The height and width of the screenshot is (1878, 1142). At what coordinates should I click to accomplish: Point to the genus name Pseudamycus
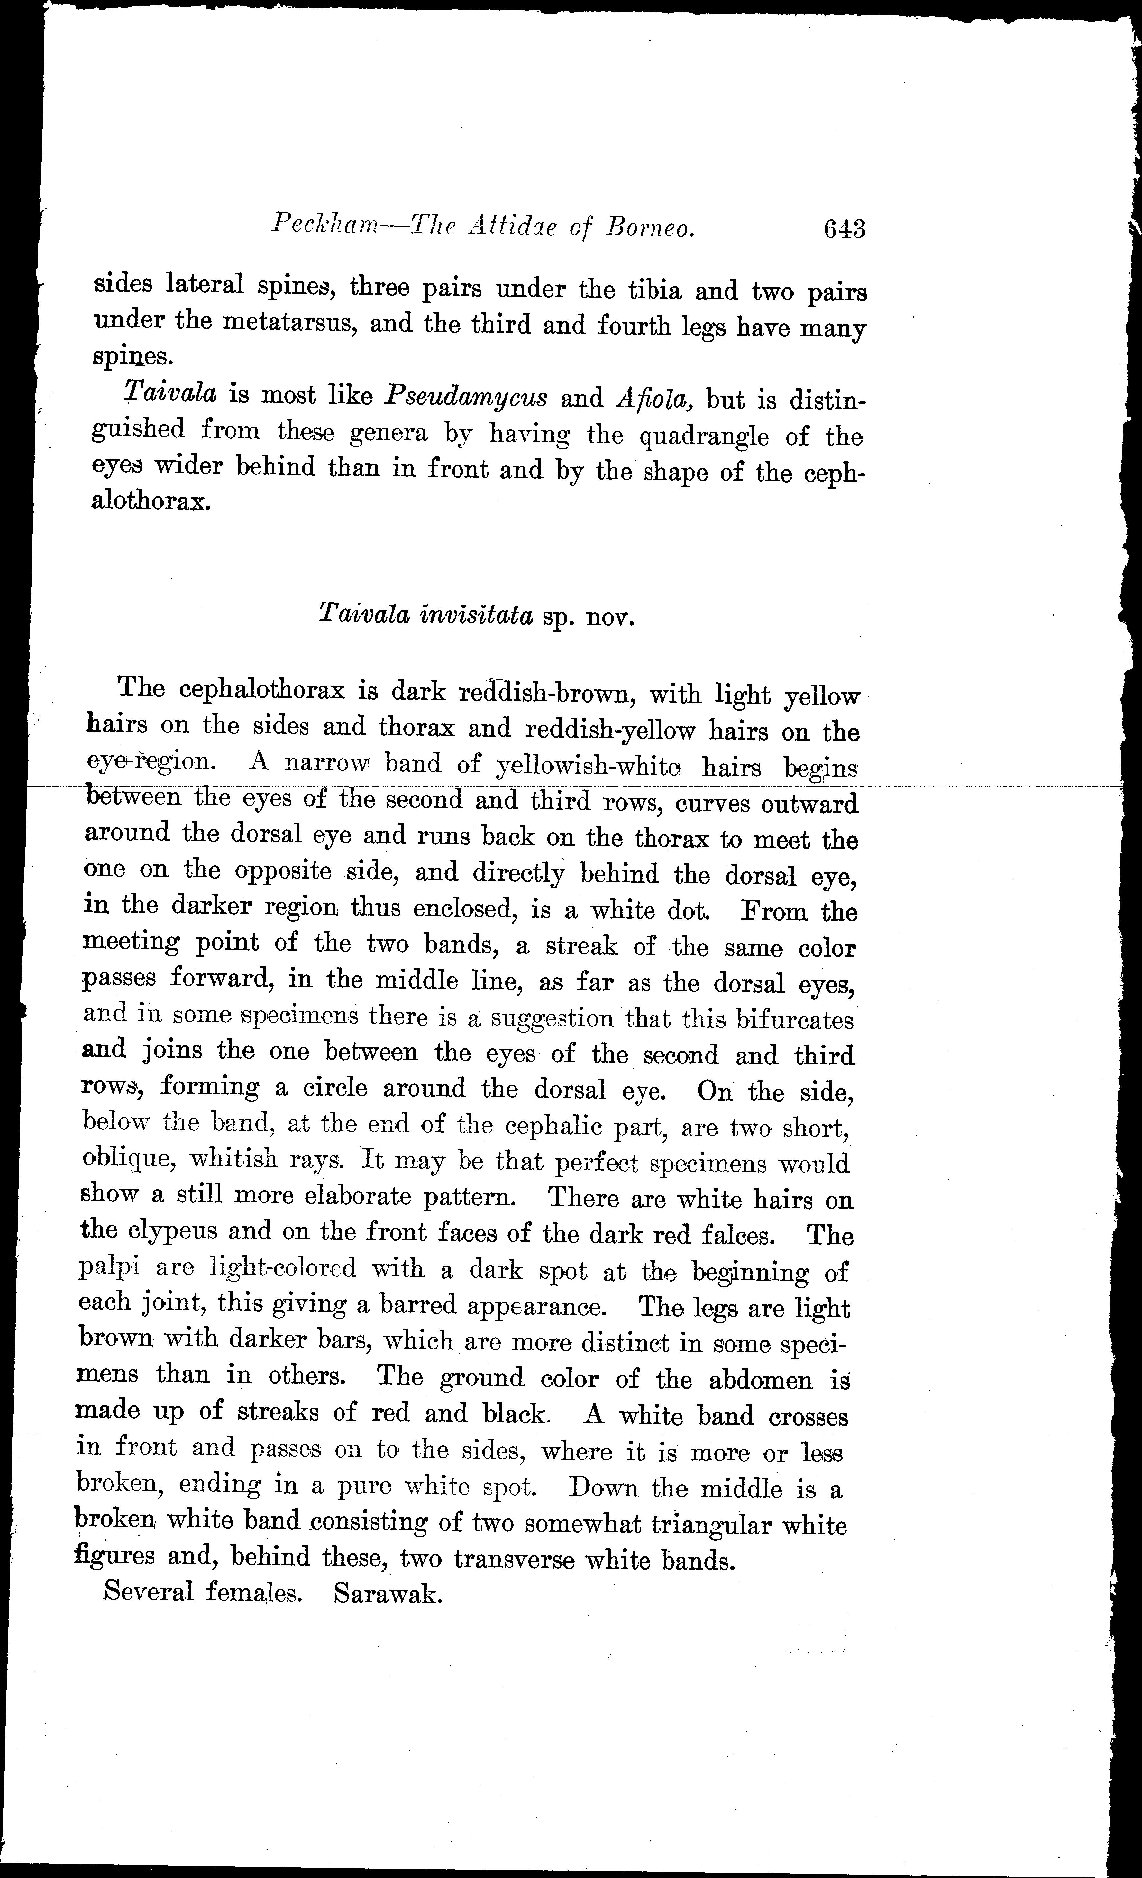pyautogui.click(x=466, y=396)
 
